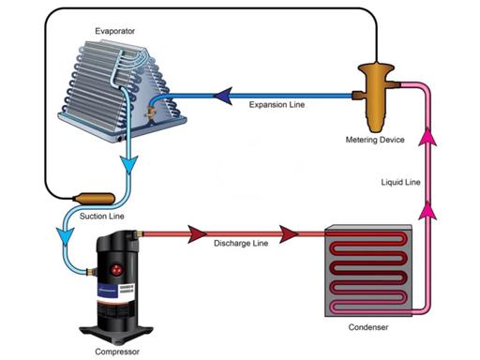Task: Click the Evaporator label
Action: click(x=114, y=31)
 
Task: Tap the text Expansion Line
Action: click(x=277, y=105)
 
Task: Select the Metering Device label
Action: click(x=375, y=140)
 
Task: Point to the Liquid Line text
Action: click(x=400, y=182)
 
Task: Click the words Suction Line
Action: click(x=102, y=216)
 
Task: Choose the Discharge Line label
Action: click(x=241, y=243)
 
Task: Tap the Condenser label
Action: click(x=368, y=327)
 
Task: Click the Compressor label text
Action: click(x=117, y=352)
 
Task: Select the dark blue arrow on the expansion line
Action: click(x=223, y=96)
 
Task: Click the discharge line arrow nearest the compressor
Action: click(x=197, y=233)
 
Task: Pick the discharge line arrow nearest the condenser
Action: click(x=289, y=233)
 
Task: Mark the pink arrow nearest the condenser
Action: click(x=427, y=210)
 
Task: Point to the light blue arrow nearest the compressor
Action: click(x=65, y=236)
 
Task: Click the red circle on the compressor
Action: click(x=116, y=269)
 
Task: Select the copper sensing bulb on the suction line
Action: click(x=94, y=199)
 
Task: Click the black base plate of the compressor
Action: click(x=116, y=334)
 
